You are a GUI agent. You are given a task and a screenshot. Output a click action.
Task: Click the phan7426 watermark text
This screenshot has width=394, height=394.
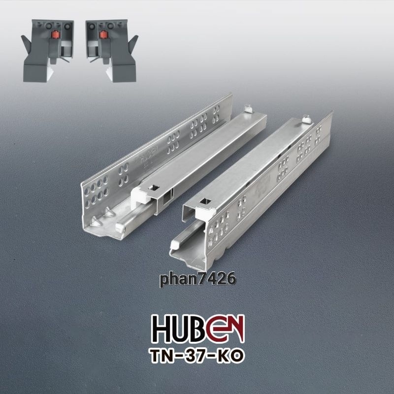[198, 279]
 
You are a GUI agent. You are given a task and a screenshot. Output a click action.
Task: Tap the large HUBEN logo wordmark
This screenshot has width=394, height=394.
[198, 328]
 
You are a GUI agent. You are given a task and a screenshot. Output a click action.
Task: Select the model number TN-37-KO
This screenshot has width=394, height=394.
[197, 356]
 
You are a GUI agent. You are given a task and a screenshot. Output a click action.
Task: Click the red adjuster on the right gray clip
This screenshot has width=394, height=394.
[103, 34]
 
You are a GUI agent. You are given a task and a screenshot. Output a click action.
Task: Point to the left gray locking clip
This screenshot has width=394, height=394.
[47, 51]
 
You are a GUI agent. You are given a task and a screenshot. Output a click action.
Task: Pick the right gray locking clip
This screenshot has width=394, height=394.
[112, 51]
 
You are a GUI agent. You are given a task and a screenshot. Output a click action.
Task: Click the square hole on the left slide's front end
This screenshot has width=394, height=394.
[154, 188]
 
